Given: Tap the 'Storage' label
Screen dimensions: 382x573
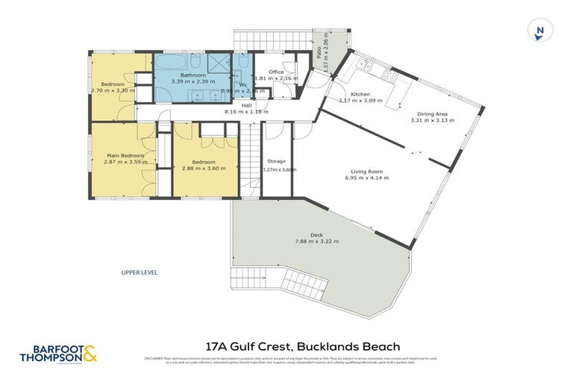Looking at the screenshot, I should [x=277, y=161].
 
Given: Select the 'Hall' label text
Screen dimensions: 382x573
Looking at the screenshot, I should [x=247, y=105].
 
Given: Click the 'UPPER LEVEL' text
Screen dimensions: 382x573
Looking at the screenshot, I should [x=140, y=272].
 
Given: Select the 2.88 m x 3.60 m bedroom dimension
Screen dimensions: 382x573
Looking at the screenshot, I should [x=204, y=169].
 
